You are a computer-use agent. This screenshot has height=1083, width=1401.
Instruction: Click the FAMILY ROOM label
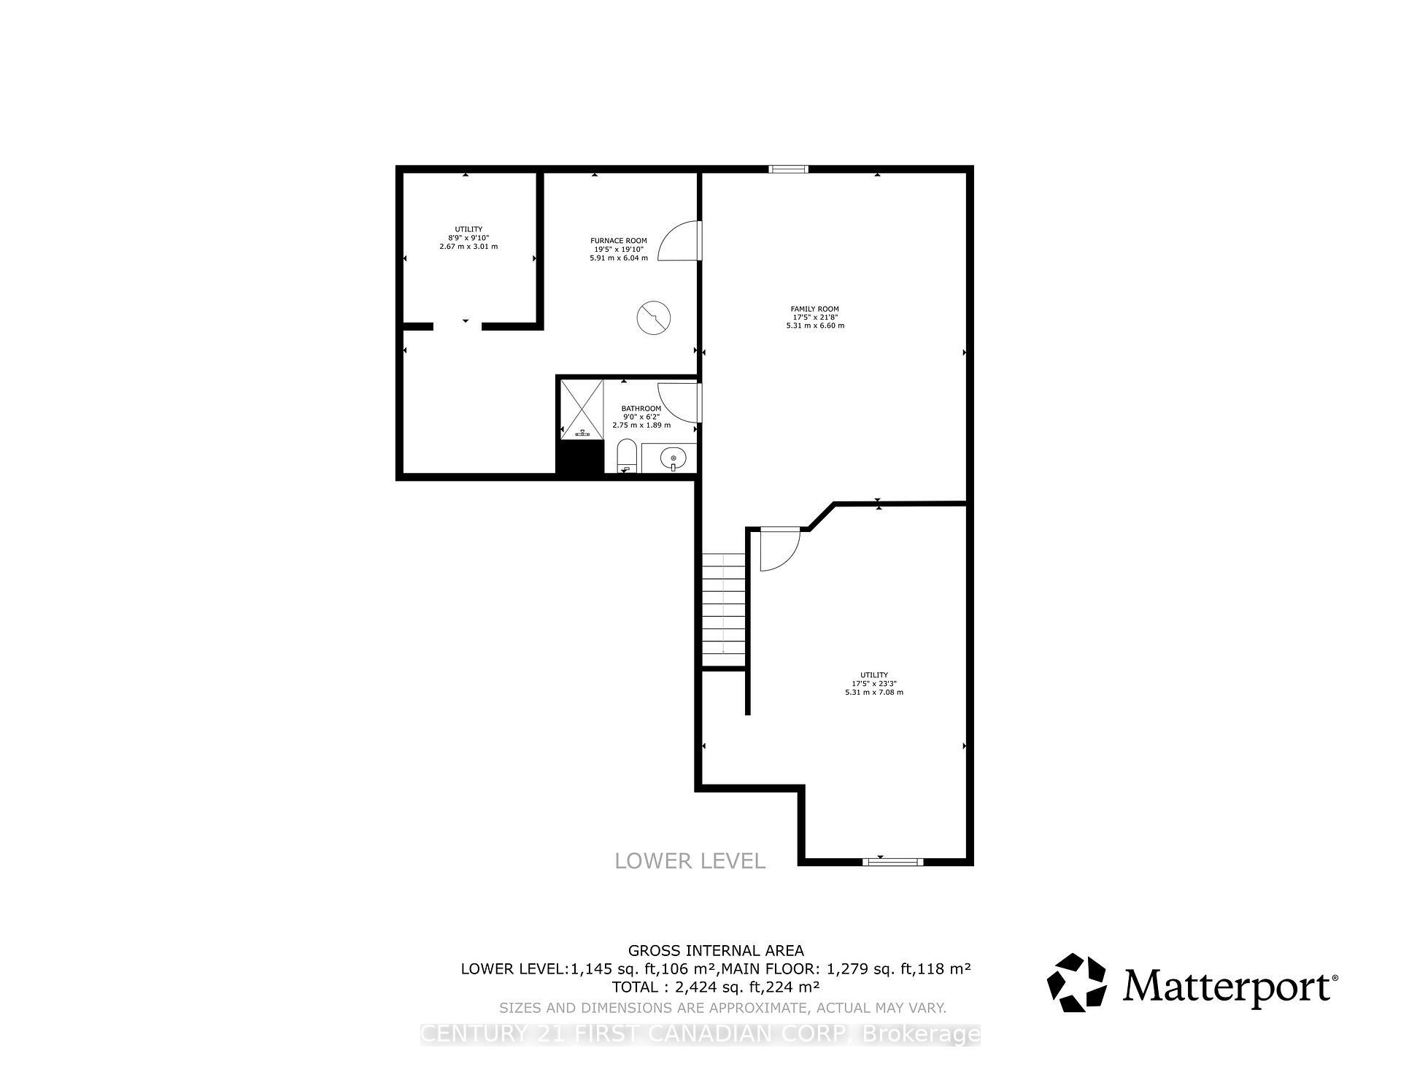[x=815, y=309]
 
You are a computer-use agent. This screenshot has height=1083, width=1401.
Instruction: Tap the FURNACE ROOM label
[x=618, y=241]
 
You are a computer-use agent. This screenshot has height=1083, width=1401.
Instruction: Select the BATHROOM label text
[x=641, y=409]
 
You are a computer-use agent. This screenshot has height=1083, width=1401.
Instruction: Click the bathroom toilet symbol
[x=626, y=457]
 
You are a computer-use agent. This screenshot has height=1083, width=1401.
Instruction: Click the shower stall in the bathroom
[x=582, y=409]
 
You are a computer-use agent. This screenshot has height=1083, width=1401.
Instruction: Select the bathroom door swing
[x=679, y=403]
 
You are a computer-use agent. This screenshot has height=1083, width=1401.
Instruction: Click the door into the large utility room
[x=778, y=549]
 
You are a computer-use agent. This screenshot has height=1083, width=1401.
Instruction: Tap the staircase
[x=724, y=609]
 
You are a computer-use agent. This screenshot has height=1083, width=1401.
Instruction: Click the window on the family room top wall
[x=789, y=169]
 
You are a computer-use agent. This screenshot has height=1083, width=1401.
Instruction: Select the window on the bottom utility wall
[x=892, y=862]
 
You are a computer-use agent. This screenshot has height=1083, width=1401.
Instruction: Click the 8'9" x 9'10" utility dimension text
[x=468, y=238]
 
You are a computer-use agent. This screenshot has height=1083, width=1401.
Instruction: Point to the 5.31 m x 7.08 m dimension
[x=873, y=692]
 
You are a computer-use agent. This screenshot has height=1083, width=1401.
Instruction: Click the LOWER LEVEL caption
[x=690, y=861]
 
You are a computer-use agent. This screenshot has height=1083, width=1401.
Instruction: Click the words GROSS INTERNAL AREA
[x=716, y=950]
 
